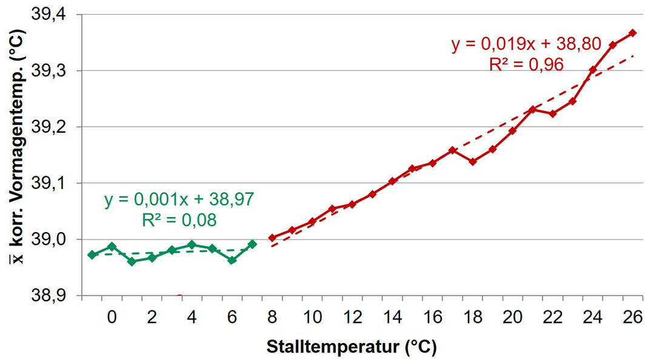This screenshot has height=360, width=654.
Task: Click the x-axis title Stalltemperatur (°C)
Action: [352, 347]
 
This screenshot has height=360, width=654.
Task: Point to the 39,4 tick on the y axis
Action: [52, 15]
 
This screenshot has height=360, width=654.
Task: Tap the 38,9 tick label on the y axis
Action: [52, 296]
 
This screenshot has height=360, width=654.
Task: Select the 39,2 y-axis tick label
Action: [52, 127]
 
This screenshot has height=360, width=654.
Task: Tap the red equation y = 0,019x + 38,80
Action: [526, 44]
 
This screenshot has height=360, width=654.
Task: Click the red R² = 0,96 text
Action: [526, 64]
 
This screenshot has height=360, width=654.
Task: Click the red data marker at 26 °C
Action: [632, 33]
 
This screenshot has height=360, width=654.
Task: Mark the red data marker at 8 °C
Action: [272, 238]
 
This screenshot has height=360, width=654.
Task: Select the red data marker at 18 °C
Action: [472, 162]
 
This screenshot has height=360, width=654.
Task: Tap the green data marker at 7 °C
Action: [252, 244]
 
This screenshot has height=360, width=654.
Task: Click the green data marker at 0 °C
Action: [112, 247]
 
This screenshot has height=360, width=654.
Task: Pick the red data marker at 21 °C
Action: [532, 110]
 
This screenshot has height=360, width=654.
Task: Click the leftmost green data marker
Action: [92, 255]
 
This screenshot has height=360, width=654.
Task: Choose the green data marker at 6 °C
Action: [232, 260]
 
